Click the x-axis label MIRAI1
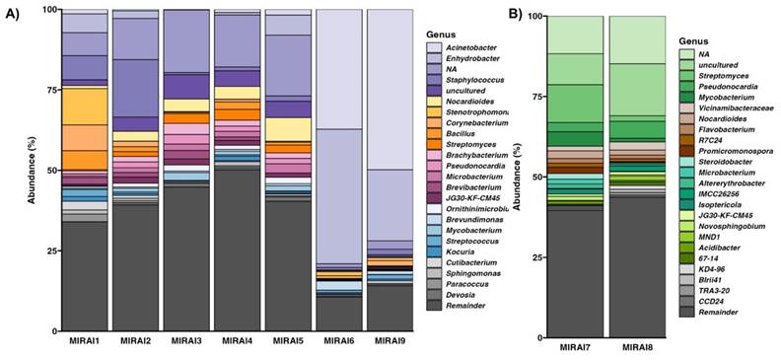tap(83, 341)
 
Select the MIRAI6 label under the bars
tap(335, 341)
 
